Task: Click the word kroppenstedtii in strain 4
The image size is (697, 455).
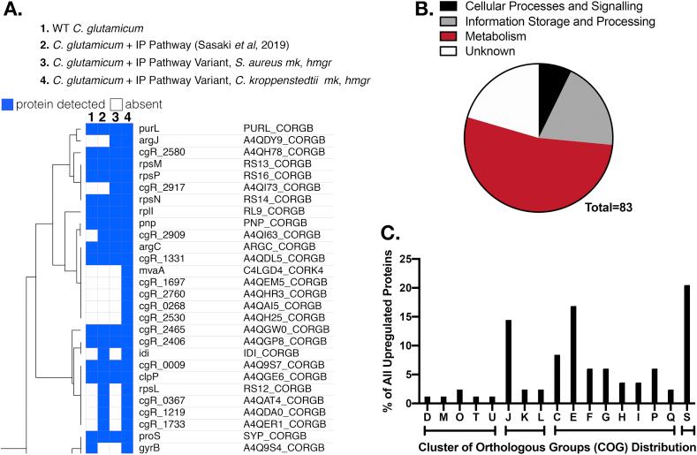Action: coord(304,80)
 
